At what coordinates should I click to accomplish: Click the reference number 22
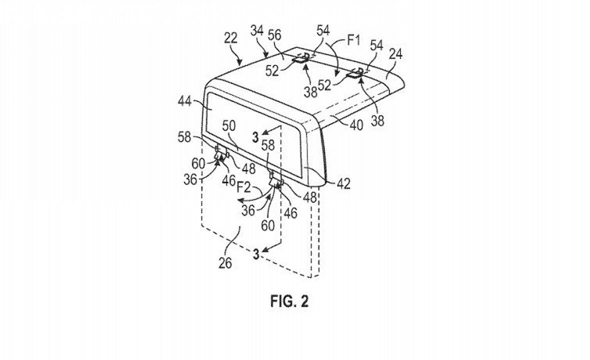[230, 38]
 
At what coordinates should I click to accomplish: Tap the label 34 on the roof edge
[257, 30]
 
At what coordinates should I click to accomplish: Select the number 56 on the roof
[274, 35]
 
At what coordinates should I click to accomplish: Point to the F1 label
[353, 40]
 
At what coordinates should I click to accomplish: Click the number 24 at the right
[395, 54]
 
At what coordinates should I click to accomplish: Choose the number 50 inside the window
[229, 125]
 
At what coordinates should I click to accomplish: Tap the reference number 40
[356, 125]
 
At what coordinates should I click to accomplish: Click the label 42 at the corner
[343, 183]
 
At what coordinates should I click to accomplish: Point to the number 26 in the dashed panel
[225, 263]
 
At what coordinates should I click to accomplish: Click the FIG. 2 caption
[289, 301]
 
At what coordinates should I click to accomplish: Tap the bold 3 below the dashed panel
[256, 254]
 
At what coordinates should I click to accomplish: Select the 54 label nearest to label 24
[376, 46]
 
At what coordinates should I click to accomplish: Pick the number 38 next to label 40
[378, 120]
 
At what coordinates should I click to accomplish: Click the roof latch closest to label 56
[301, 59]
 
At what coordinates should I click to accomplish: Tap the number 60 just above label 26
[267, 225]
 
